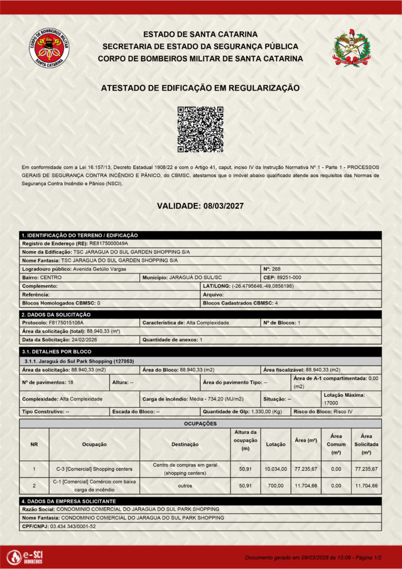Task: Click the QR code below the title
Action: (200, 129)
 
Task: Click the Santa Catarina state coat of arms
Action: (350, 48)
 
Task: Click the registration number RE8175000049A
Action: (109, 243)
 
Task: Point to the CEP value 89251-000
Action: (290, 277)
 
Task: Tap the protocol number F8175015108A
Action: (66, 322)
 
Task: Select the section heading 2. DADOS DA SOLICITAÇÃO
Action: (56, 315)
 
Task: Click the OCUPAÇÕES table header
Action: (200, 423)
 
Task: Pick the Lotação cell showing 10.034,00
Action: (275, 469)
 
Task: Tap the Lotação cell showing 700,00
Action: (275, 486)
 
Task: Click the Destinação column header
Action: (185, 444)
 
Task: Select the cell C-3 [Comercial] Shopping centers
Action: (94, 469)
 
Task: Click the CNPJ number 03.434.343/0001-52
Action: (73, 526)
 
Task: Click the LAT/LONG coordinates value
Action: (263, 286)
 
